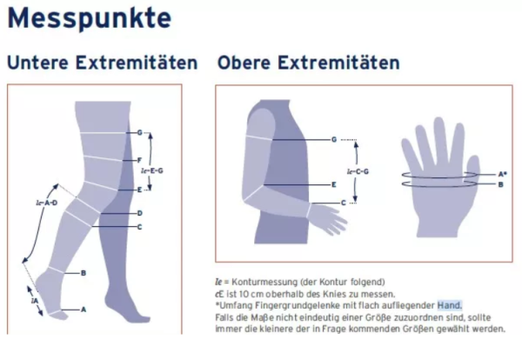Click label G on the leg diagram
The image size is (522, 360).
pyautogui.click(x=139, y=133)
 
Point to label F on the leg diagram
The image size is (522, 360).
pyautogui.click(x=139, y=160)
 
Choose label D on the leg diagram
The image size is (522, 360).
pyautogui.click(x=139, y=213)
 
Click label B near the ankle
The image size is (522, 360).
pyautogui.click(x=83, y=273)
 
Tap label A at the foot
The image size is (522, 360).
pyautogui.click(x=84, y=309)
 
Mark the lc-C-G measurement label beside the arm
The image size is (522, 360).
pyautogui.click(x=358, y=171)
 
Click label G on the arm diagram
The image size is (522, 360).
pyautogui.click(x=333, y=139)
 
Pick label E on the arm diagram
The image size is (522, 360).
pyautogui.click(x=333, y=185)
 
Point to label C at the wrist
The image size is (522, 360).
pyautogui.click(x=343, y=203)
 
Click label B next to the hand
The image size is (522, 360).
pyautogui.click(x=500, y=184)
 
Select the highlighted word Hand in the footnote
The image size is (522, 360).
pyautogui.click(x=449, y=304)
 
